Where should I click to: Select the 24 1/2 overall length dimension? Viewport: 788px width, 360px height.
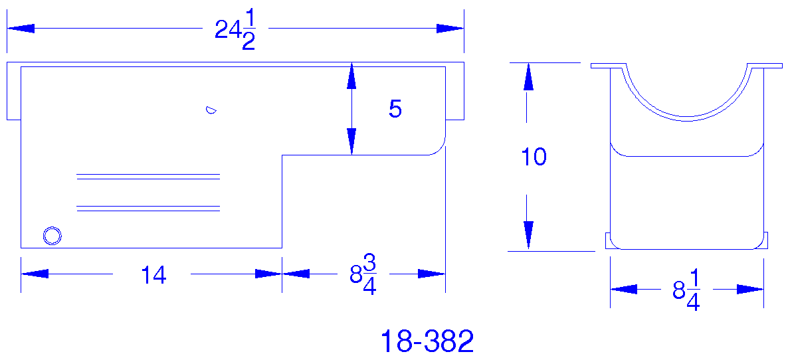(236, 31)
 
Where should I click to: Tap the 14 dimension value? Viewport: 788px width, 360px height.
(153, 275)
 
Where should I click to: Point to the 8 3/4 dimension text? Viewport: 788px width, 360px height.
(363, 275)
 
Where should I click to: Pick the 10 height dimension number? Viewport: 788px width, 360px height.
(534, 157)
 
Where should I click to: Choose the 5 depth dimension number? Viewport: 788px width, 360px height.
(395, 110)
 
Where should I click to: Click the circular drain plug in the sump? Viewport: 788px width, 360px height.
(52, 235)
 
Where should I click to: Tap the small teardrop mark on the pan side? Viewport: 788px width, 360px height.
(211, 110)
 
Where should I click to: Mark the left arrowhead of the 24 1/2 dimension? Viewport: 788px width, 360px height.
(20, 29)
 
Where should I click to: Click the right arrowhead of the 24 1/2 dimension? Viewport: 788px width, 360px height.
(450, 29)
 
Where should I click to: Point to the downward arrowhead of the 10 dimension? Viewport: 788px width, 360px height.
(528, 236)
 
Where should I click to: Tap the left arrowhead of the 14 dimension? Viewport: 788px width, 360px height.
(34, 274)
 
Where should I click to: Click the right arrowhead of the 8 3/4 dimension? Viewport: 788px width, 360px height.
(432, 274)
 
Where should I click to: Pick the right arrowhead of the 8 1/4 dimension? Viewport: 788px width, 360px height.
(751, 290)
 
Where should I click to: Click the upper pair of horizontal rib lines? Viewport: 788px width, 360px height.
(148, 177)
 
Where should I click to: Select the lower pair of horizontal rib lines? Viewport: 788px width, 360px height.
(148, 208)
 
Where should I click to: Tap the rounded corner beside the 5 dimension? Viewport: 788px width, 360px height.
(439, 148)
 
